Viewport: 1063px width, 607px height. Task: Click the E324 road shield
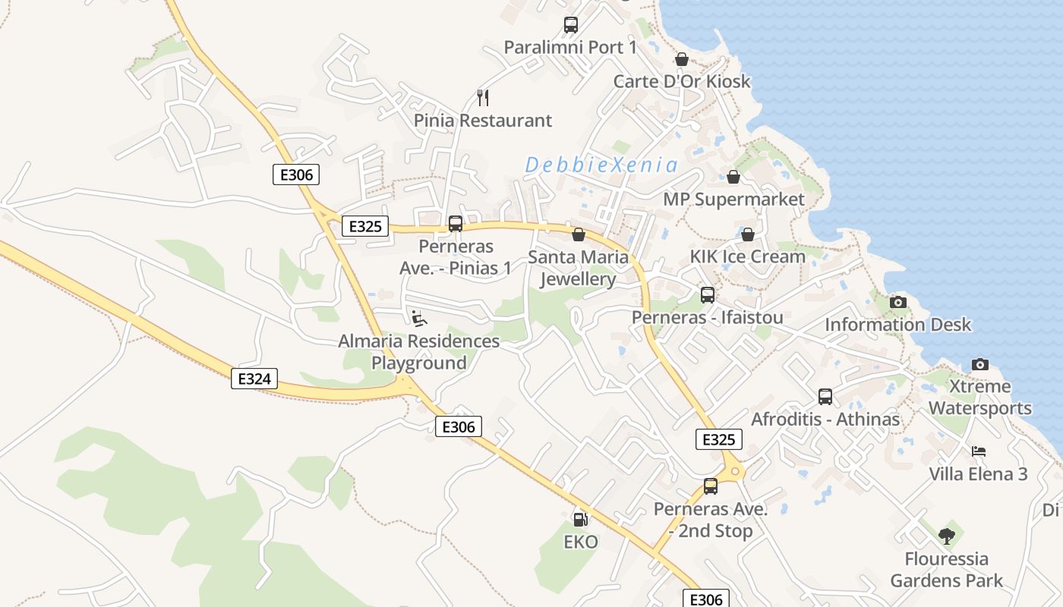[254, 379]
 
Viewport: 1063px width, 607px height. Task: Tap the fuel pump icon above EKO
[580, 519]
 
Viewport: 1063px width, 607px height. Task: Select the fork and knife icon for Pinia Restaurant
[483, 97]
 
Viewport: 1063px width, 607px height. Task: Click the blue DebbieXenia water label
[601, 165]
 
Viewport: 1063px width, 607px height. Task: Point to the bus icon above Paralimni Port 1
[571, 25]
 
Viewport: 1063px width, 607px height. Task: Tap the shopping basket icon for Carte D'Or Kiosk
[682, 59]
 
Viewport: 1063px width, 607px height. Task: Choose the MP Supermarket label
[733, 200]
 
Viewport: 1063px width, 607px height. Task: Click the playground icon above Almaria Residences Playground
[419, 319]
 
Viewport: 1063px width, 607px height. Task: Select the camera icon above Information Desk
[898, 302]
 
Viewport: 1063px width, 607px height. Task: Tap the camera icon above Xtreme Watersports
[980, 364]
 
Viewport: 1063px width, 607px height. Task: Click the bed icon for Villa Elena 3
[979, 451]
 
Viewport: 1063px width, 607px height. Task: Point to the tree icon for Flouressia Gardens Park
[946, 536]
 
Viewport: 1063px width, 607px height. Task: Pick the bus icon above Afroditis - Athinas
[825, 396]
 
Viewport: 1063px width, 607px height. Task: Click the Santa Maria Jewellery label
[579, 268]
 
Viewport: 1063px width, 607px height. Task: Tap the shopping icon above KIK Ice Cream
[748, 234]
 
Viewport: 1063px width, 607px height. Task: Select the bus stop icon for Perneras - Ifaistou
[708, 294]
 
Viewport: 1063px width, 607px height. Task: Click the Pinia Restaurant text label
[483, 121]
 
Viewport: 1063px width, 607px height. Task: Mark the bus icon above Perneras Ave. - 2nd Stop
[711, 486]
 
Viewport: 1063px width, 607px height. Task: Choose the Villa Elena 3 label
[979, 474]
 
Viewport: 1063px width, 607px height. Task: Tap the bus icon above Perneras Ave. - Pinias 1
[456, 224]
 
